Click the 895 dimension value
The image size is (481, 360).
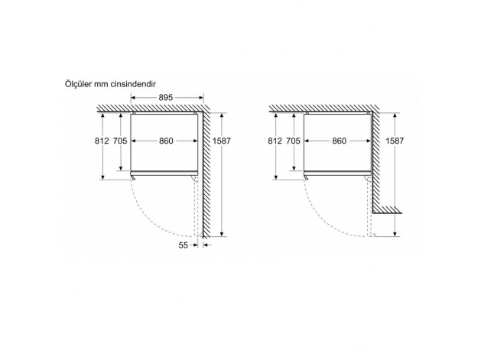(x=166, y=98)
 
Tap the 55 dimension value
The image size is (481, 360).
(x=183, y=245)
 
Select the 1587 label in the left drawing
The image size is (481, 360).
(x=222, y=141)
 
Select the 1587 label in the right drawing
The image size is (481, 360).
(x=395, y=141)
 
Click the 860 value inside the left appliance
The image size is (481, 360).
(x=166, y=141)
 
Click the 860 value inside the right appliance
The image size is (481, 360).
(x=339, y=141)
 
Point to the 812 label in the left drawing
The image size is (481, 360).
(x=102, y=141)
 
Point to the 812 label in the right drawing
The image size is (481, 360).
(x=275, y=141)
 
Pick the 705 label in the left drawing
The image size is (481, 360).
(x=120, y=141)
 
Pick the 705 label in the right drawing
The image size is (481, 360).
(x=293, y=141)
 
